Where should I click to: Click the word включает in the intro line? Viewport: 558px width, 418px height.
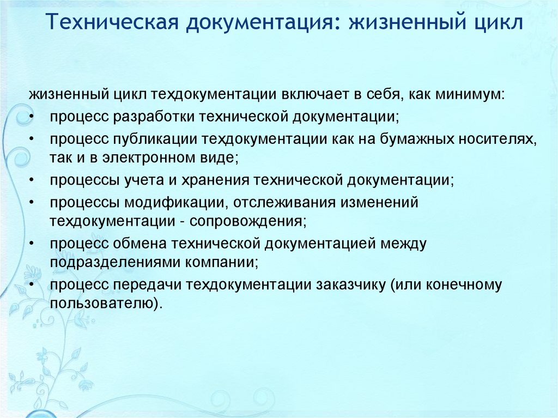(x=314, y=95)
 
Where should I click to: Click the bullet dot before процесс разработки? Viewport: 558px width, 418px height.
(x=33, y=117)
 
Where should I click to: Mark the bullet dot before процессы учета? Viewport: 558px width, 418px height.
(x=33, y=180)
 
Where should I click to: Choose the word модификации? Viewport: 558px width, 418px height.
(x=176, y=202)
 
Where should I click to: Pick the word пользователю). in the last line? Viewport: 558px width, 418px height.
(x=106, y=304)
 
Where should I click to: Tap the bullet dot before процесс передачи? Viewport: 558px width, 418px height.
(x=33, y=285)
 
